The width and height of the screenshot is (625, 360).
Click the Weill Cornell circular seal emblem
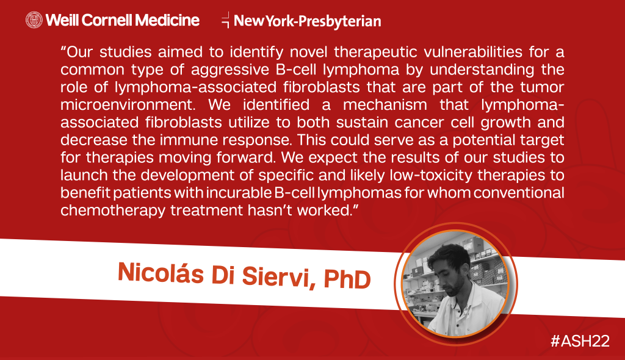click(34, 20)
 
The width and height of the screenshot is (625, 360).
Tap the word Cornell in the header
click(106, 20)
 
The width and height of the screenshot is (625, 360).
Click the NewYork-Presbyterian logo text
click(308, 21)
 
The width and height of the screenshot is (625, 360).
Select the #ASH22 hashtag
click(580, 341)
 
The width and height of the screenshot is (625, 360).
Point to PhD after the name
click(347, 279)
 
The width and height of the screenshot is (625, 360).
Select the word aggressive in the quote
click(230, 70)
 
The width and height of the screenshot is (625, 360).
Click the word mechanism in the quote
click(385, 105)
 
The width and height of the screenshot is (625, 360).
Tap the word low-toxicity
click(431, 175)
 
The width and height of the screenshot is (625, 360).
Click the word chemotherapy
click(113, 211)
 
